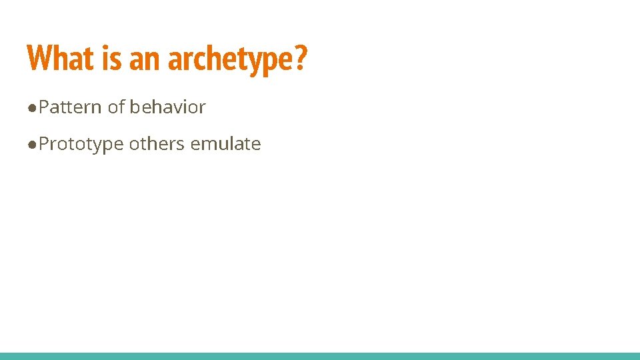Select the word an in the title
coord(145,58)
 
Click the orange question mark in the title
coord(301,58)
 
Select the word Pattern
coord(70,107)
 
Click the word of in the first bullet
coord(117,107)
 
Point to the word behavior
coord(167,107)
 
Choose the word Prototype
coord(81,144)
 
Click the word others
coord(157,143)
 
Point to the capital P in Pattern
coord(44,107)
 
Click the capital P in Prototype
coord(44,143)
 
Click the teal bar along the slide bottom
coord(320,356)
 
